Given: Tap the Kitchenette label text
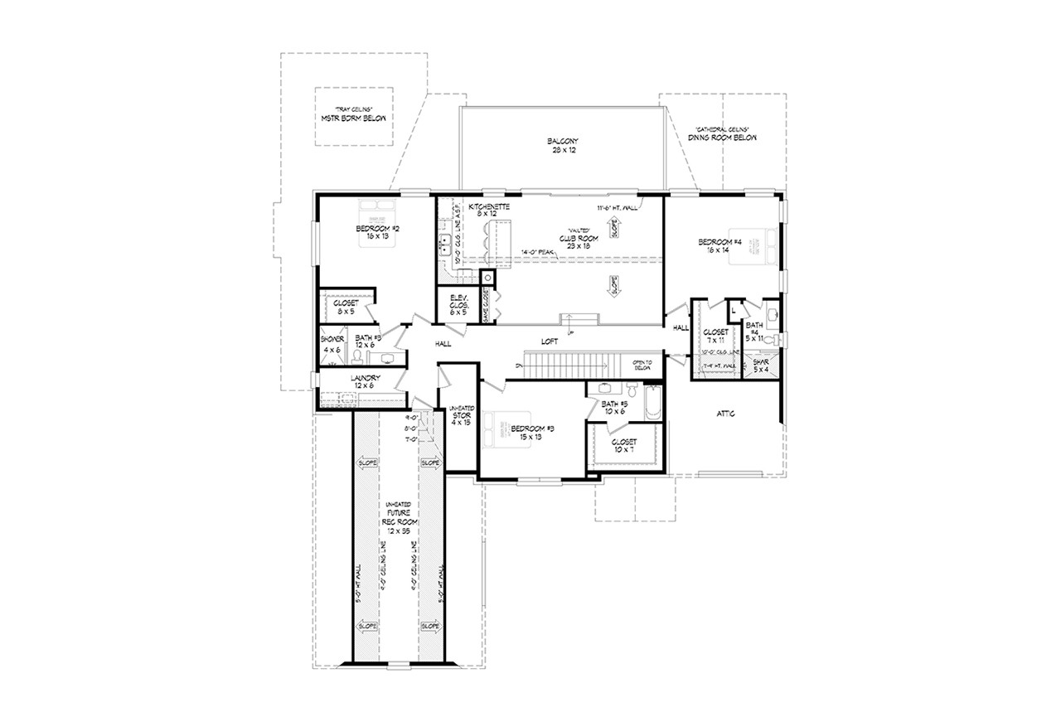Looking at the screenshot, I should (x=489, y=210).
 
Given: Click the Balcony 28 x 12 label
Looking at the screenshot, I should (x=562, y=145).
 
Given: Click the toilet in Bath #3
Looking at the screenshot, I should (x=358, y=356).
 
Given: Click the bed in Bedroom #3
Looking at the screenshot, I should (x=499, y=429).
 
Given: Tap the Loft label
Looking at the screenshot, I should (x=550, y=341).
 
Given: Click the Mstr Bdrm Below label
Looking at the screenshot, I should (x=355, y=117).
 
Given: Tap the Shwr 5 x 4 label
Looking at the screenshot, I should (x=761, y=366).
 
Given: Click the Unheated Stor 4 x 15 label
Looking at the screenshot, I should (x=461, y=414).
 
